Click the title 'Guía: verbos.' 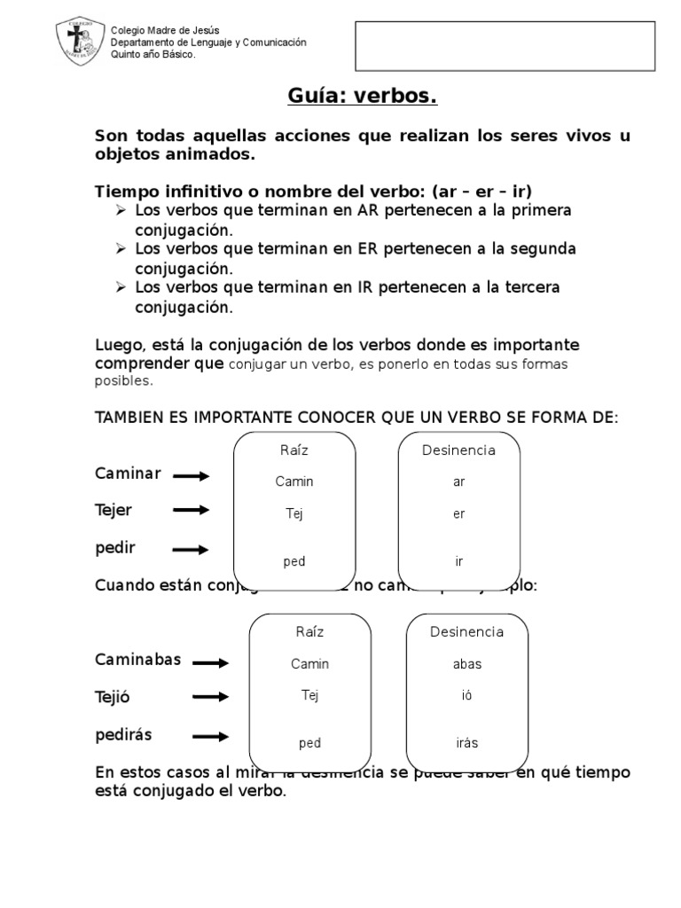[x=363, y=96]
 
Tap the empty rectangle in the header [x=505, y=45]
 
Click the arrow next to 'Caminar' [x=191, y=476]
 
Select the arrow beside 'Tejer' [x=191, y=510]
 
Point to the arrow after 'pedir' [x=191, y=550]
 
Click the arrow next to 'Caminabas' [x=210, y=662]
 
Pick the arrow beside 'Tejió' [x=210, y=697]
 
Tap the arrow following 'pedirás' [x=210, y=736]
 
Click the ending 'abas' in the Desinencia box [x=466, y=664]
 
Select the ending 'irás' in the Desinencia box [x=466, y=743]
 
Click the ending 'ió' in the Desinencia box [x=466, y=696]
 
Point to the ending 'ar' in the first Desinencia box [x=458, y=482]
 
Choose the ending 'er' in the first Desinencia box [x=458, y=513]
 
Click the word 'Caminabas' [x=138, y=660]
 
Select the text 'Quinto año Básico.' [x=153, y=55]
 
